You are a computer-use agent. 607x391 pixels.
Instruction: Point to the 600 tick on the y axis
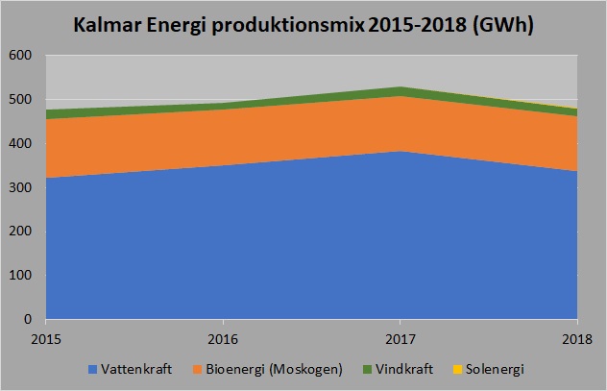tap(21, 56)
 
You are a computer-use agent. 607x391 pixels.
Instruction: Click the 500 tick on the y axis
tap(21, 100)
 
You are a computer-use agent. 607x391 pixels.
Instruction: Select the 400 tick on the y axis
tap(21, 144)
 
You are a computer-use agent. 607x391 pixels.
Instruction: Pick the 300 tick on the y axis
tap(21, 187)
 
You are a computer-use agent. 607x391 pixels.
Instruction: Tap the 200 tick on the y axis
tap(21, 232)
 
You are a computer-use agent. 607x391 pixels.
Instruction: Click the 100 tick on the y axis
tap(21, 276)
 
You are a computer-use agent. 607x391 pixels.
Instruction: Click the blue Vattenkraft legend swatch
tap(93, 369)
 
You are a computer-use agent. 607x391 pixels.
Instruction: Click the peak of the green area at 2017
tap(400, 87)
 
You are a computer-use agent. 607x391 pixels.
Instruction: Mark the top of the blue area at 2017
tap(400, 152)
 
